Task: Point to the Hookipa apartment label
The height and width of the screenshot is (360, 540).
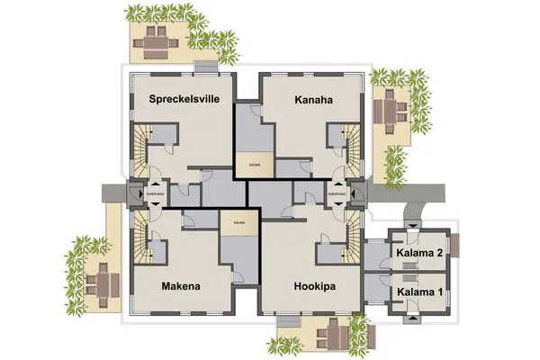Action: (x=316, y=287)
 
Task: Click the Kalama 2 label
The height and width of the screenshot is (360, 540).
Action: (x=419, y=253)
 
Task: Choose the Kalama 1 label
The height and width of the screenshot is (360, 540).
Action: (x=419, y=292)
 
